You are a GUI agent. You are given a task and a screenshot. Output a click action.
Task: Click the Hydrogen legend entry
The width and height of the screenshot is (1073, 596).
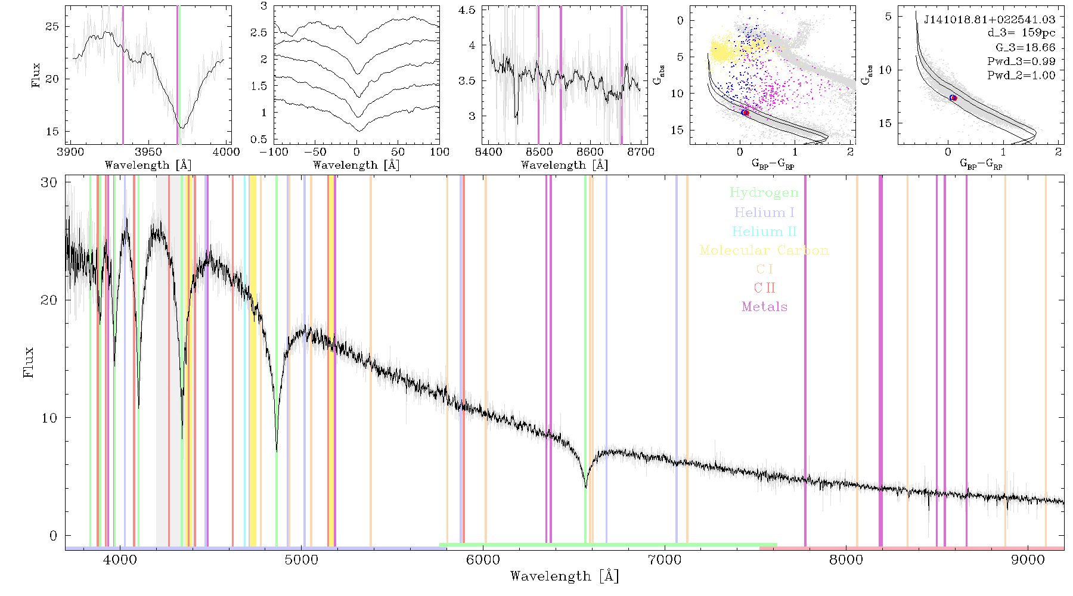click(x=764, y=193)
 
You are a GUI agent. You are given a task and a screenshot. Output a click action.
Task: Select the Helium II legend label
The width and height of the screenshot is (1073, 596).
click(x=764, y=231)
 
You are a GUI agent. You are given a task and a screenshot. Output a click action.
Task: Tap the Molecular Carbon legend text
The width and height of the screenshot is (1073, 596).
click(x=764, y=250)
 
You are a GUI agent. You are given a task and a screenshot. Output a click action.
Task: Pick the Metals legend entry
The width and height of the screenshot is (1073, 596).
click(x=764, y=307)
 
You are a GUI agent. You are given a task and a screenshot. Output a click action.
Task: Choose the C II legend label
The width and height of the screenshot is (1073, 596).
click(x=764, y=288)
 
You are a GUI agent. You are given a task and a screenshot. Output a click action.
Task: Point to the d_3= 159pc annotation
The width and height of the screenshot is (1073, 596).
click(x=1021, y=33)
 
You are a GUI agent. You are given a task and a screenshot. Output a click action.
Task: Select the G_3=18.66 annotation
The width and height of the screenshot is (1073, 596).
click(x=1025, y=47)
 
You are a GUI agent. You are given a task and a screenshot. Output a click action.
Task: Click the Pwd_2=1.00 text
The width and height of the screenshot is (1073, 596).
click(x=1021, y=75)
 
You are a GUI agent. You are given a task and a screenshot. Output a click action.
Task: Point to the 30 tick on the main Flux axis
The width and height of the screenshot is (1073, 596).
click(x=49, y=182)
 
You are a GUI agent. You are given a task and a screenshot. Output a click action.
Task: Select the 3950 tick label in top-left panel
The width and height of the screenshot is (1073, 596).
click(x=148, y=151)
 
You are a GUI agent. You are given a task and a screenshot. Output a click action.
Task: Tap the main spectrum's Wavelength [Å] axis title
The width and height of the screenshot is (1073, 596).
click(x=565, y=576)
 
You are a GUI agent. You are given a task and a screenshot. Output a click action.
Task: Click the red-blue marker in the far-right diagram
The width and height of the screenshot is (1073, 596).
click(x=953, y=98)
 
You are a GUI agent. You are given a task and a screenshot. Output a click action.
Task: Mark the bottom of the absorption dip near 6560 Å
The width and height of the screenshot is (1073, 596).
click(x=586, y=488)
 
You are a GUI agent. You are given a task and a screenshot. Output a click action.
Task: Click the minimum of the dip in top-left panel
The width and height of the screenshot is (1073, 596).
click(x=182, y=128)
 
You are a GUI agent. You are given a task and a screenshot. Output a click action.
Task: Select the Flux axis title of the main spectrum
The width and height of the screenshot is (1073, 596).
click(x=28, y=362)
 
